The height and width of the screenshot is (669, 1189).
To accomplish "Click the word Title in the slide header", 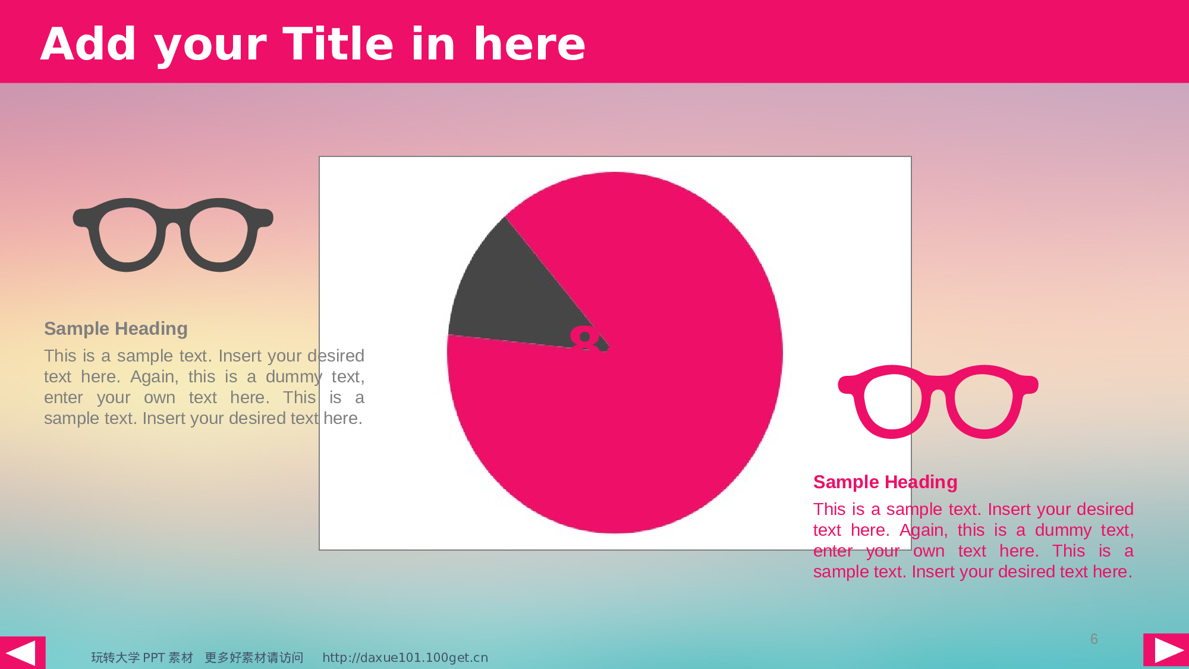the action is click(x=338, y=44).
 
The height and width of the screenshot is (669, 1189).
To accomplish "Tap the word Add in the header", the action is click(x=89, y=44).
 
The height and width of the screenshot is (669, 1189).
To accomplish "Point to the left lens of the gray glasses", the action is click(x=127, y=235).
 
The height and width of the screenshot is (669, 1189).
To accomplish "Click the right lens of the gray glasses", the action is click(x=218, y=235).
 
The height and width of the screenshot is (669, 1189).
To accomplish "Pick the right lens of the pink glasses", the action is click(x=983, y=401).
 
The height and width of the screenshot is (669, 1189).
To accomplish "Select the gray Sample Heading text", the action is click(x=116, y=328).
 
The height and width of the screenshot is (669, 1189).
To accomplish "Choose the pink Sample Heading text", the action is click(x=885, y=482).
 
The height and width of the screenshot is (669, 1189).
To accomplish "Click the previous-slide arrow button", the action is click(x=23, y=652).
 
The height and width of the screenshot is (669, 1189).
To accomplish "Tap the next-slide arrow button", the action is click(x=1166, y=650).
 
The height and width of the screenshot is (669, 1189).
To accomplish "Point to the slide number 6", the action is click(x=1094, y=639).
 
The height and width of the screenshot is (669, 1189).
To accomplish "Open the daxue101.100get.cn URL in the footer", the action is click(x=405, y=657).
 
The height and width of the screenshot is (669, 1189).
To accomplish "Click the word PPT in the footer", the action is click(x=154, y=657).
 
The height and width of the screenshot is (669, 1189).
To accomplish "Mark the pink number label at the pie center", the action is click(x=586, y=338).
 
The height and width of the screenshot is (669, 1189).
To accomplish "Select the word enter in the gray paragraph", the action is click(x=63, y=397).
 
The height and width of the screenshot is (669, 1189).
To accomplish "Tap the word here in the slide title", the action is click(x=529, y=44).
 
